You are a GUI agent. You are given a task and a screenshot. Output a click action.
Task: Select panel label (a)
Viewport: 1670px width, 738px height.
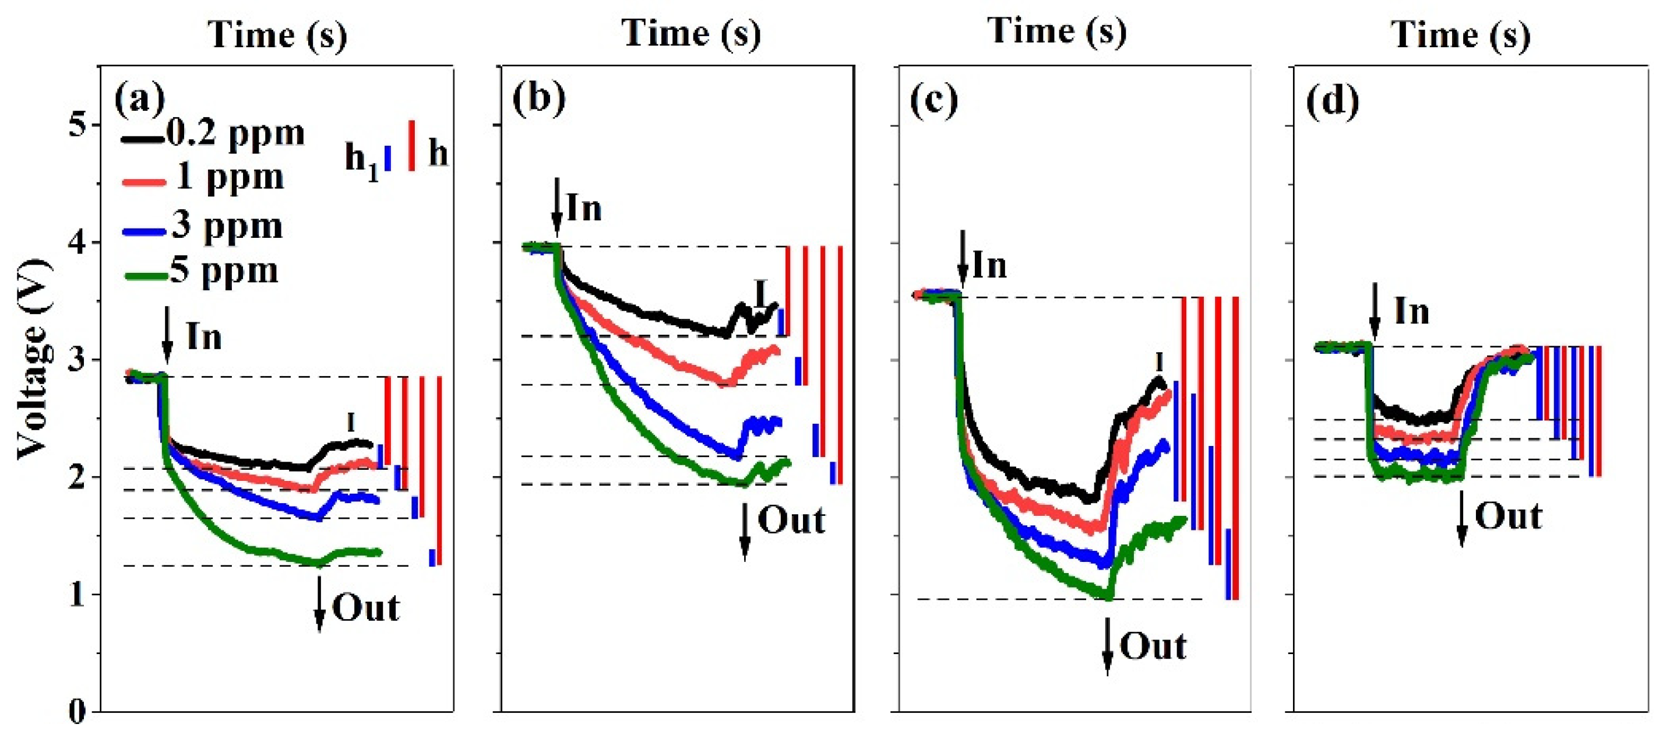tap(139, 99)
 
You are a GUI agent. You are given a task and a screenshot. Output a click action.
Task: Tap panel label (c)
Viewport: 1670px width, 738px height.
tap(933, 100)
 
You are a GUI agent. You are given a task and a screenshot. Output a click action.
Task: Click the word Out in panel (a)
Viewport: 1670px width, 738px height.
tap(365, 609)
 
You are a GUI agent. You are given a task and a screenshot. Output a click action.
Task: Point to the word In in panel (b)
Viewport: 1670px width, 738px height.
tap(584, 209)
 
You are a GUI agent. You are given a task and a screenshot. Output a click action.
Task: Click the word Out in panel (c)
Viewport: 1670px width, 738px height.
tap(1153, 646)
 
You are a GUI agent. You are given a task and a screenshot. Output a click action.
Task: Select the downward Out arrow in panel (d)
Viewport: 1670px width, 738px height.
tap(1462, 518)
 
